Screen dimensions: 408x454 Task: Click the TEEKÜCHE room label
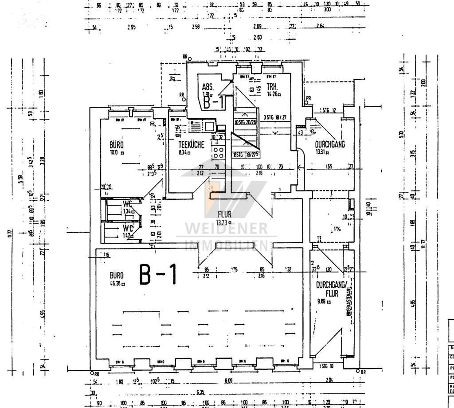coord(191,145)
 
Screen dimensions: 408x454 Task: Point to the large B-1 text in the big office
coord(158,275)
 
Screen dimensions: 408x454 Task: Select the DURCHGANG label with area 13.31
coord(330,144)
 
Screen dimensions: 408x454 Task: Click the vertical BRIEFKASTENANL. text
coord(350,301)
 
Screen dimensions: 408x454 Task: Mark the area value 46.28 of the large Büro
coord(117,284)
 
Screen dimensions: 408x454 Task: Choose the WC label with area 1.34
coord(128,204)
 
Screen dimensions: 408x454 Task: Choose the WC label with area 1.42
coord(128,229)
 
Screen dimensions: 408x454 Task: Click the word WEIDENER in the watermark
coord(226,229)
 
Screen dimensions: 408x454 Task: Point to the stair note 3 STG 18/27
coord(275,118)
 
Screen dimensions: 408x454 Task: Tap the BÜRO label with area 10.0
coord(117,145)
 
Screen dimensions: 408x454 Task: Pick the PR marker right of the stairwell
coord(308,98)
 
